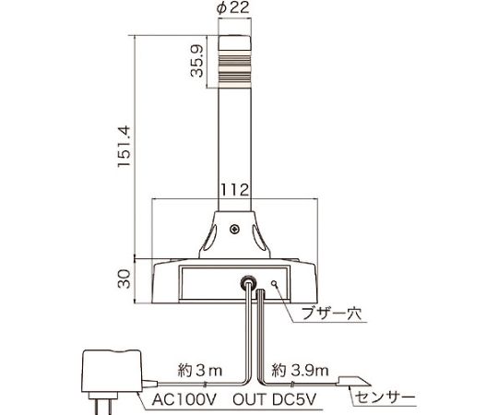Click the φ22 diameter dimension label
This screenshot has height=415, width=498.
tap(232, 7)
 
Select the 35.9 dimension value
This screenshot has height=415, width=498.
tap(196, 61)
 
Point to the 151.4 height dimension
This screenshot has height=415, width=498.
tap(125, 147)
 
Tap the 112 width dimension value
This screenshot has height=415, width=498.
tap(234, 190)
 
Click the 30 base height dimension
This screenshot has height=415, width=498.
tap(125, 279)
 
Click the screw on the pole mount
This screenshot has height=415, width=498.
tap(235, 229)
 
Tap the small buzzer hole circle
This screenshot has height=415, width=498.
tap(275, 283)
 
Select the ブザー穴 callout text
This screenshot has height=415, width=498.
tap(331, 314)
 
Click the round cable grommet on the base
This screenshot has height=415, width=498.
tap(247, 281)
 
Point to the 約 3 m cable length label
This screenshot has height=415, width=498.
tap(200, 370)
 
